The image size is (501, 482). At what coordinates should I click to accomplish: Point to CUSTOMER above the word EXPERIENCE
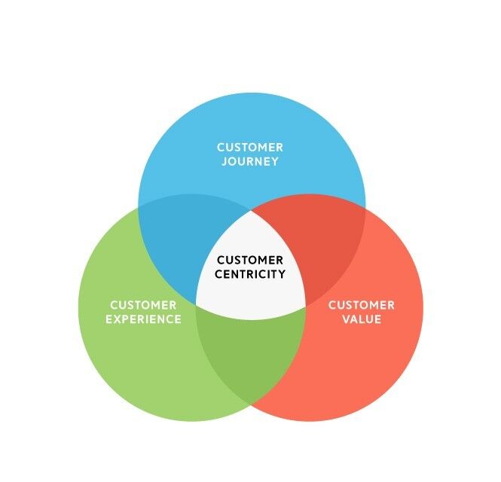click(x=143, y=305)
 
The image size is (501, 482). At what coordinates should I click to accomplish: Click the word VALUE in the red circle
click(x=361, y=319)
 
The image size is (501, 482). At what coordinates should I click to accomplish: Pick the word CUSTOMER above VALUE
click(x=361, y=305)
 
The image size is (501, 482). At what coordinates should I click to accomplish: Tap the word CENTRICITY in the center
click(x=250, y=274)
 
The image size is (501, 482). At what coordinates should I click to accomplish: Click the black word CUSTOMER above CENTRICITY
click(x=250, y=261)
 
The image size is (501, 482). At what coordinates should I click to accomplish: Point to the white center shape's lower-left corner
click(x=197, y=304)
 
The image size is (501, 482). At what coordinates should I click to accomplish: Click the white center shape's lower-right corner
click(x=305, y=304)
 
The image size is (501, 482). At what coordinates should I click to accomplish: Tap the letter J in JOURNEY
click(x=224, y=161)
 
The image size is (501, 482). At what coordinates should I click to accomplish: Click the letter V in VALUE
click(x=345, y=319)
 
